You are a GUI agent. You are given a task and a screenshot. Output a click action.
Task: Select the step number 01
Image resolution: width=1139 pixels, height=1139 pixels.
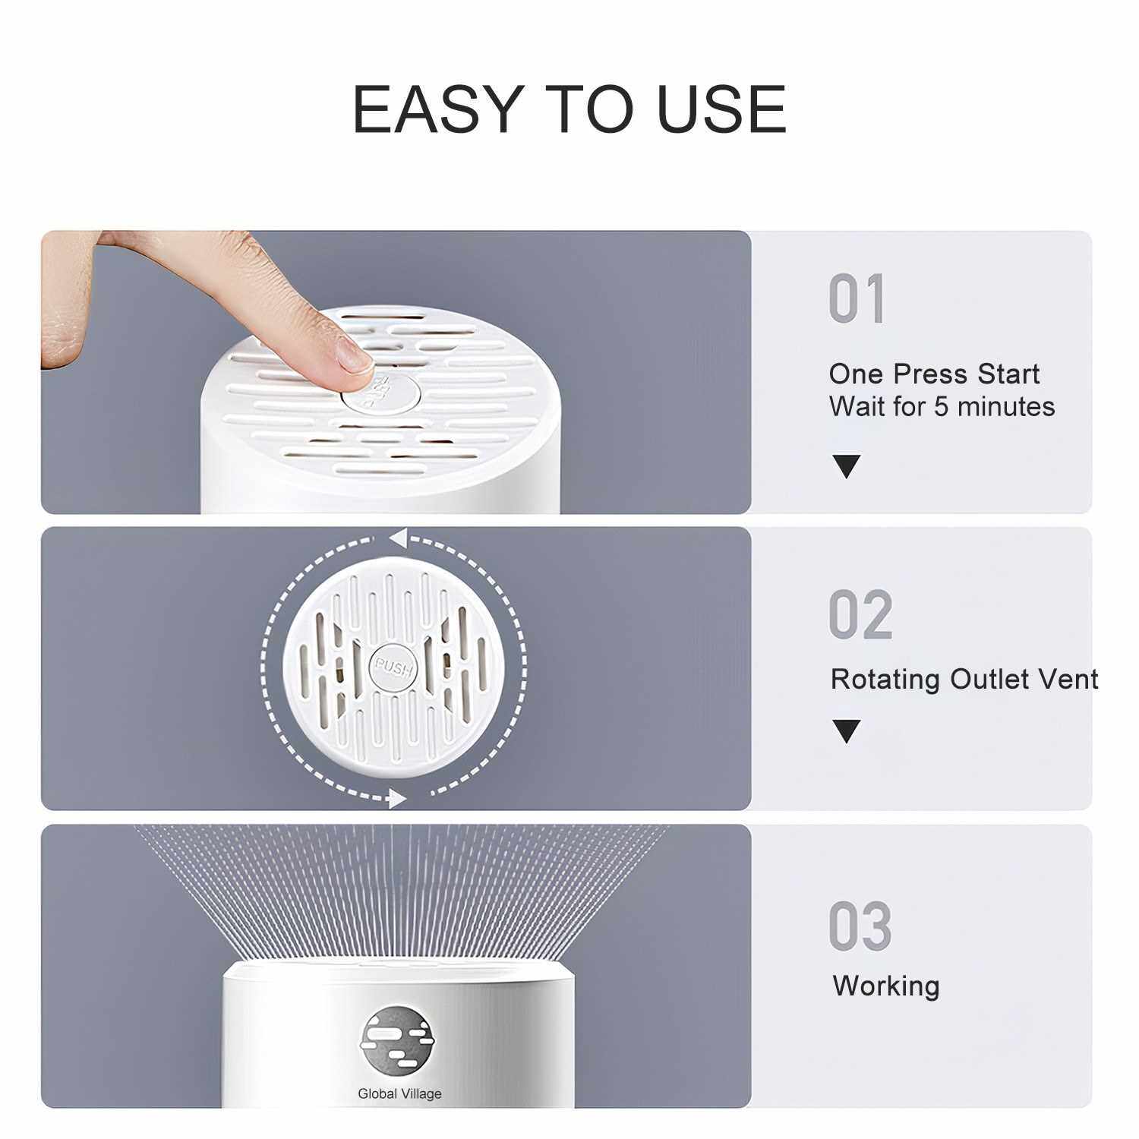click(x=857, y=299)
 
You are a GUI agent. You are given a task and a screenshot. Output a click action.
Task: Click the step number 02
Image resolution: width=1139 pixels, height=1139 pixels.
click(x=860, y=615)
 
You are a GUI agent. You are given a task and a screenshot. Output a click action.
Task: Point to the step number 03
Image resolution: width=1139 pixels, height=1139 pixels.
click(x=860, y=926)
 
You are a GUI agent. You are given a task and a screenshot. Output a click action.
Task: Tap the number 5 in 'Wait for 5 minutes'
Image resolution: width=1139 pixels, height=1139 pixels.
click(x=942, y=407)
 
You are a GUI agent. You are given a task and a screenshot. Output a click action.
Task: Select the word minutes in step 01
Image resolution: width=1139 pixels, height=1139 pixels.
click(x=1006, y=407)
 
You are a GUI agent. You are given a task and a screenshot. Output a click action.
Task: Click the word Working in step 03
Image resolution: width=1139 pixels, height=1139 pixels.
click(x=886, y=986)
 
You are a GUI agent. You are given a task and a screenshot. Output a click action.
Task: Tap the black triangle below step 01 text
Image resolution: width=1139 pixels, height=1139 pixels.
click(x=847, y=466)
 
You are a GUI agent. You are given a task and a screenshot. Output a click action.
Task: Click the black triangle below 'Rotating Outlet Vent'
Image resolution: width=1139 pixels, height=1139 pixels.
click(x=847, y=731)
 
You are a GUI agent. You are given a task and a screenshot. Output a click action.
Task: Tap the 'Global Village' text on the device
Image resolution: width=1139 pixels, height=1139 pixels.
click(x=399, y=1093)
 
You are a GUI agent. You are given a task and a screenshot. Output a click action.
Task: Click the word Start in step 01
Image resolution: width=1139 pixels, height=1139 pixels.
click(x=1008, y=374)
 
